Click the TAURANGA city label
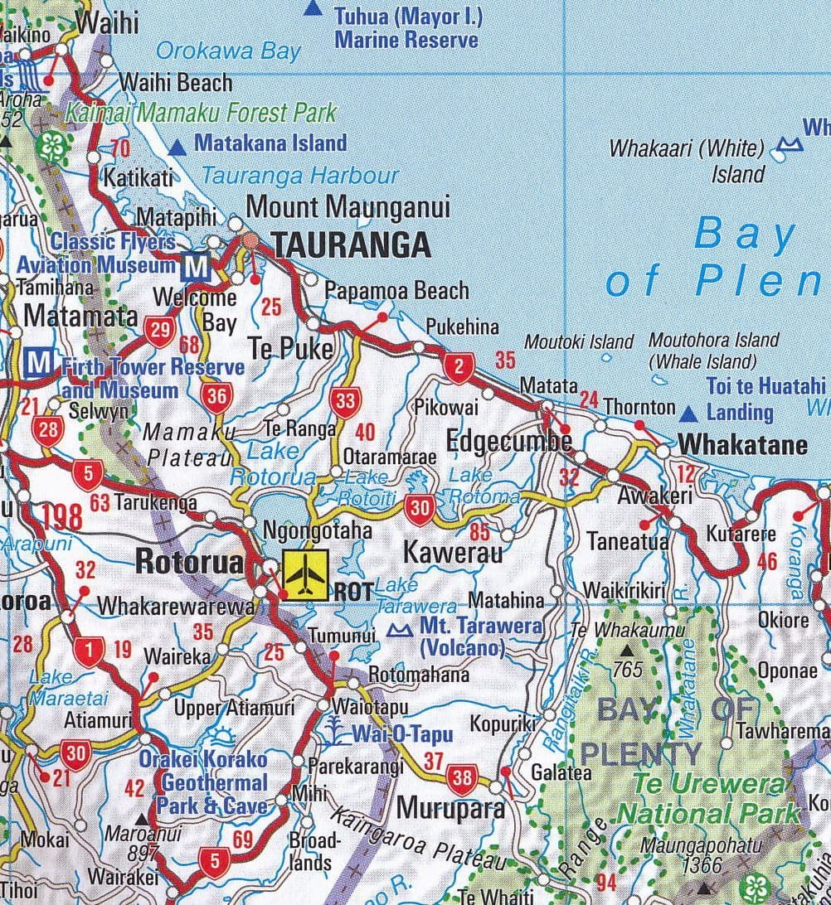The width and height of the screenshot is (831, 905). tap(351, 245)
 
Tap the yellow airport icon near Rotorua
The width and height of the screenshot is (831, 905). tap(306, 571)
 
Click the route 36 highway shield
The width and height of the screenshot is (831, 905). tap(216, 397)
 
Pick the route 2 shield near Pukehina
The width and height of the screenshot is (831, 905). tap(459, 365)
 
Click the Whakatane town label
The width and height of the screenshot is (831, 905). tap(742, 445)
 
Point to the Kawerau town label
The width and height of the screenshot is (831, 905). tap(453, 553)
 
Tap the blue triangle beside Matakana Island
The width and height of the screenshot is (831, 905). tap(177, 148)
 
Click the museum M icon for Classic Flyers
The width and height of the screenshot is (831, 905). tap(197, 266)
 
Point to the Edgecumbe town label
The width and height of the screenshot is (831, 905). tap(508, 441)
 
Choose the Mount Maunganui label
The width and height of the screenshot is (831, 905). tap(348, 206)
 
